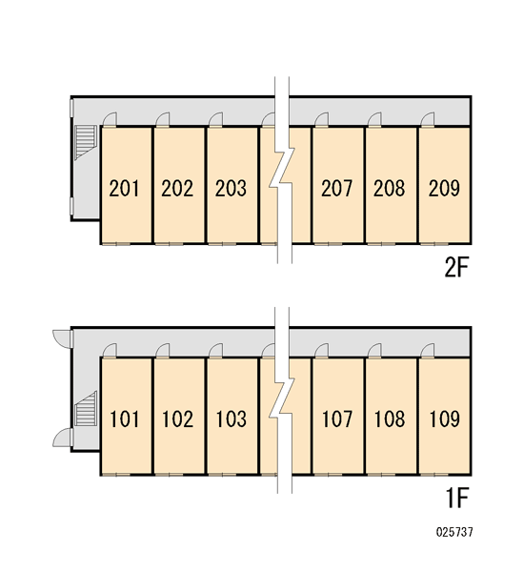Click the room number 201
pos(124,188)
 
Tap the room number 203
pos(231,188)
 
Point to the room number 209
pos(444,188)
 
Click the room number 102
pos(177,419)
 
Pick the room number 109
pos(445,419)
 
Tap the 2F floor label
pos(455,267)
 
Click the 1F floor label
pos(456,498)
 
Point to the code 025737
pos(454,532)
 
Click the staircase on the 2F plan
pos(86,142)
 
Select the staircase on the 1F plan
pos(86,409)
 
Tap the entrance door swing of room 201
pos(110,119)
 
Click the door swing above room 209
pos(428,119)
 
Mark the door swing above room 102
pos(163,350)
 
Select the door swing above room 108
pos(374,350)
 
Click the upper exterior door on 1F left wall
pos(63,337)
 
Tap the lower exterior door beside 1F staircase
pos(63,437)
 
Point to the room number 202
pos(177,188)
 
